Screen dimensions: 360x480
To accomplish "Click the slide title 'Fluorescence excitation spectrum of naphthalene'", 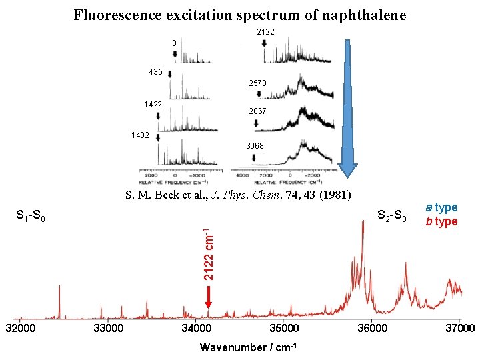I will coord(239,15).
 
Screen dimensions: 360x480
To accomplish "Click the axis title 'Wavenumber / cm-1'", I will coord(248,347).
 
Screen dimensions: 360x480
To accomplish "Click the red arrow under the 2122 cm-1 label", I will coord(209,296).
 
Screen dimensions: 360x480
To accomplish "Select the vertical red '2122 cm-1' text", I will coord(208,254).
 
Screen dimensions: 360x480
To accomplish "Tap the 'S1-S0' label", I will coord(31,217).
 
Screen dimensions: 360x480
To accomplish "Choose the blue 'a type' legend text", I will coord(442,208).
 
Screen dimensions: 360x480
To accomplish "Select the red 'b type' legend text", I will coord(442,221).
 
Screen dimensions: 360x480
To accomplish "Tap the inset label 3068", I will coord(255,146).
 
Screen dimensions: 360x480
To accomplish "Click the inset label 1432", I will coord(140,135).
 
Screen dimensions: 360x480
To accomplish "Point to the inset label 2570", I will coord(257,83).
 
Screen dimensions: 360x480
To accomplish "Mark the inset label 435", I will coord(156,71).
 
